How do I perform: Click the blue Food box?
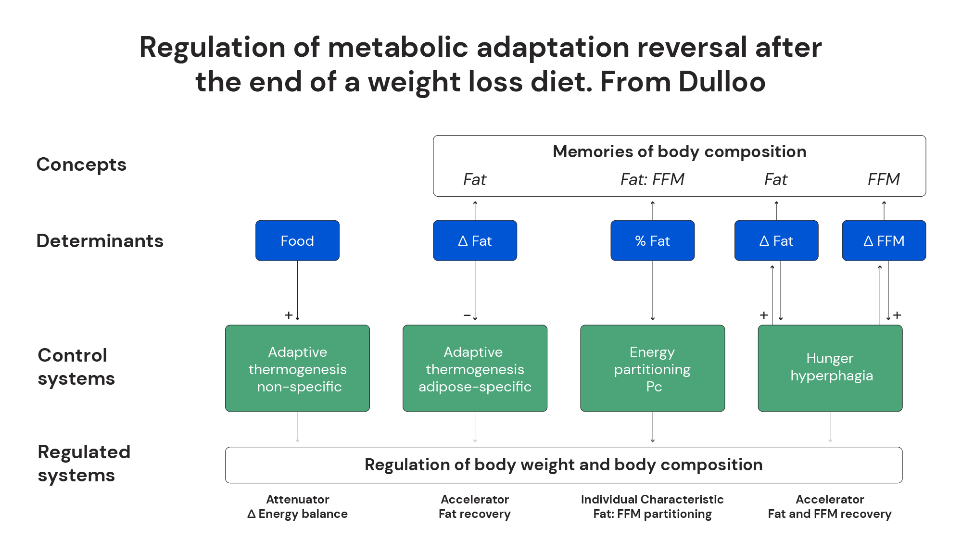(297, 240)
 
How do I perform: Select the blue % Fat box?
(652, 240)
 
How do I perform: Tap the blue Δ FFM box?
(884, 240)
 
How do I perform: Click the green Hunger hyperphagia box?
(830, 368)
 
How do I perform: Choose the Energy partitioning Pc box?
(652, 368)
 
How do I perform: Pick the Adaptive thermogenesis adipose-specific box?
(475, 368)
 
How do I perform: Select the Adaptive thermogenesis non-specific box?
(297, 368)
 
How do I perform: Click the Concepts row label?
(81, 164)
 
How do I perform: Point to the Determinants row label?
(100, 240)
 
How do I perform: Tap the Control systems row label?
(76, 367)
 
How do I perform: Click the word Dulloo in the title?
(722, 82)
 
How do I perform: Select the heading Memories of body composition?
(679, 151)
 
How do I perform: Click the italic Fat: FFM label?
(652, 179)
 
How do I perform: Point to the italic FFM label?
(884, 179)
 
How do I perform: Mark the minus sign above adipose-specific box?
(467, 315)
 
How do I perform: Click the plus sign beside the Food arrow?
(288, 315)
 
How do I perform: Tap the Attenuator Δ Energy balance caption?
(297, 506)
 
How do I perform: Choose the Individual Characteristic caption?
(652, 499)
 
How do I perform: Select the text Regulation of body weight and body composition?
(563, 465)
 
